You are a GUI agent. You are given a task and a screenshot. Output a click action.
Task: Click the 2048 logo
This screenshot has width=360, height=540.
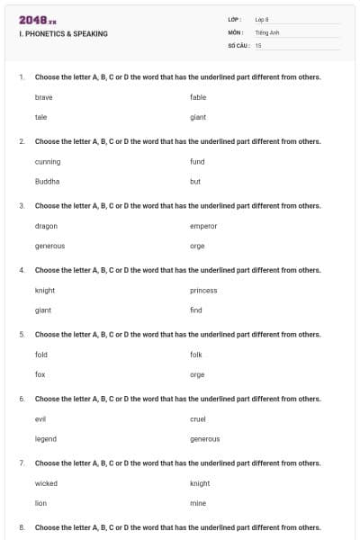37,20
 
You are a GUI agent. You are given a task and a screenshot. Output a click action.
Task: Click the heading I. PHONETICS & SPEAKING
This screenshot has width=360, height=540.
63,33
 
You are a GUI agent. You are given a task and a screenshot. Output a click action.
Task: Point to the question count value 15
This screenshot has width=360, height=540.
258,44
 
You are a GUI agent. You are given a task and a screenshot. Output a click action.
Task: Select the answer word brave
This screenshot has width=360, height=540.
44,96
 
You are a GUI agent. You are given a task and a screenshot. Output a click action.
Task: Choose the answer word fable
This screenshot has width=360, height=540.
198,96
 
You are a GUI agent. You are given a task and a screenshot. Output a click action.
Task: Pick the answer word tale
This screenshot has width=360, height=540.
40,117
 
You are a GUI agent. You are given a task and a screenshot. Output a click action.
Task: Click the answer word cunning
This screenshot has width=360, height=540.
48,161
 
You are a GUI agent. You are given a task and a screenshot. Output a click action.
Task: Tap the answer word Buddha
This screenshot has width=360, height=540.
47,181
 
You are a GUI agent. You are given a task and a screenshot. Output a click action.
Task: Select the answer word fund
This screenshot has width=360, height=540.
197,161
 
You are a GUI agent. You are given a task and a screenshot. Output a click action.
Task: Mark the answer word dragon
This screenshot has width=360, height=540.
46,225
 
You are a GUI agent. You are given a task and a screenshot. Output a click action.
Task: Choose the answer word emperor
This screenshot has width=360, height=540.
203,225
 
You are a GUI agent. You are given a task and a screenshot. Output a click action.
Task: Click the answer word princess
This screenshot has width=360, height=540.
203,290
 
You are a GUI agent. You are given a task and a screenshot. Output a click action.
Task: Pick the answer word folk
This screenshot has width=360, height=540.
196,354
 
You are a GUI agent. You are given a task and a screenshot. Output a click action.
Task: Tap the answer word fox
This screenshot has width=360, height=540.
40,374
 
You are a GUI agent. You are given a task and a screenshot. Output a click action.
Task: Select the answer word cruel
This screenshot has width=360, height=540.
198,418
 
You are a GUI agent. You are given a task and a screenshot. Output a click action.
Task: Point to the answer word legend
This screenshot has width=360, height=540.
46,438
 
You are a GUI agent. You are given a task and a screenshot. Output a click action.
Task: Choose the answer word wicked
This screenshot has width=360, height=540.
46,483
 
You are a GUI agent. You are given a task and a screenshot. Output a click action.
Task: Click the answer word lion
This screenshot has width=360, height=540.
40,503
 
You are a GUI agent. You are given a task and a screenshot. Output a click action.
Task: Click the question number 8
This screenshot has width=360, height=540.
22,526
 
